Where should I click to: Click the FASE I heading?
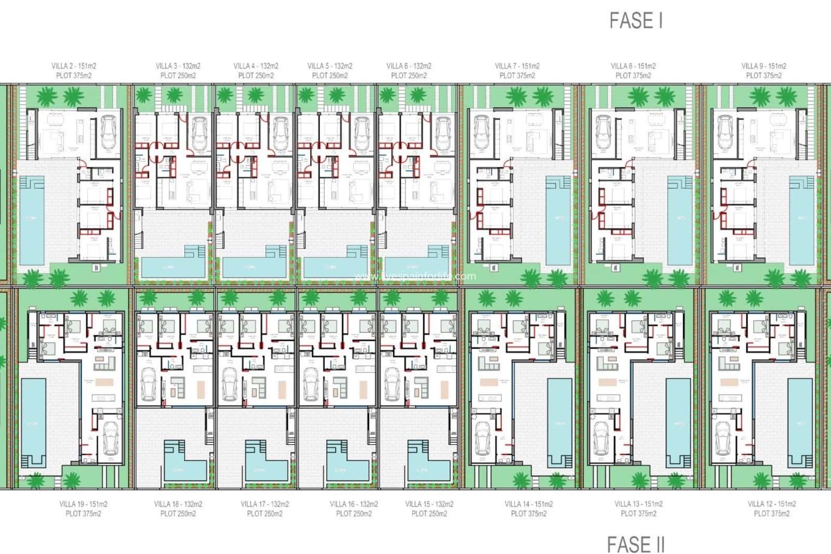pos(636,21)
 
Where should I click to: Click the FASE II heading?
pos(636,545)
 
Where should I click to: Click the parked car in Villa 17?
pos(229,385)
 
